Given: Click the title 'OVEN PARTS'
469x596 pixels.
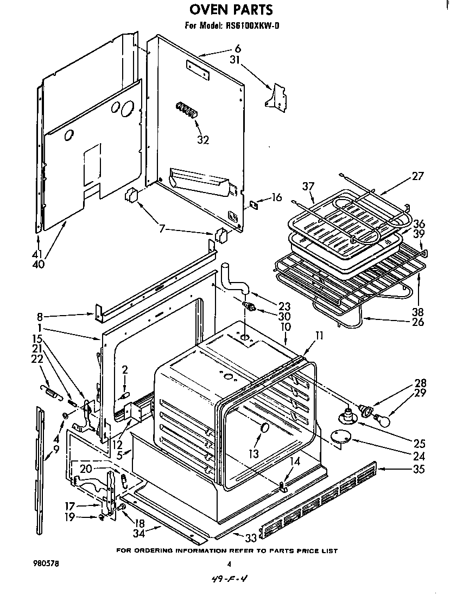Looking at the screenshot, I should pos(231,9).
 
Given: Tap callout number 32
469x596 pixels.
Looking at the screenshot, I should pos(202,139).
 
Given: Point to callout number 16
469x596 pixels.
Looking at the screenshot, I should pos(277,197).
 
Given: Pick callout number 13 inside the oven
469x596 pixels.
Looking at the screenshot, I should pos(253,453).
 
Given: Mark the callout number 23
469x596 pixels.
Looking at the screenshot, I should pos(284,305).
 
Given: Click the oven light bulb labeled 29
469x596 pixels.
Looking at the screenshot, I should pos(383,417).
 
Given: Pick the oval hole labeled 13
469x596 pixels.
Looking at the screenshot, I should pos(264,428).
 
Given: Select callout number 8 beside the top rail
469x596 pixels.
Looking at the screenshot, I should pos(41,316).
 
